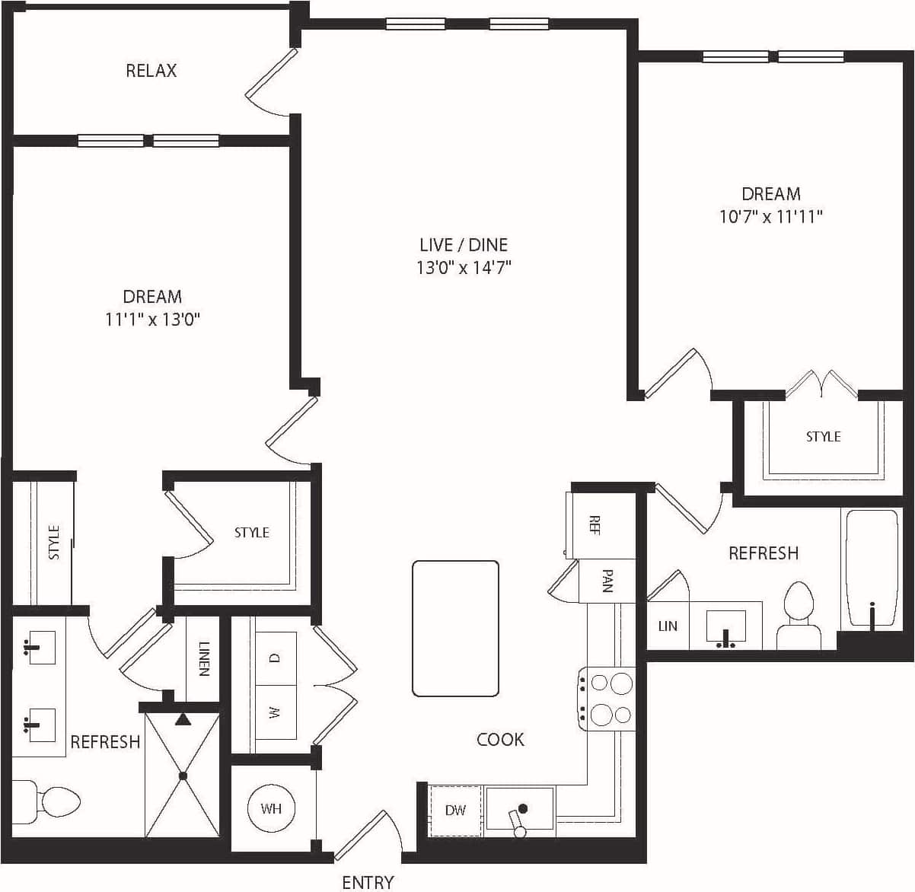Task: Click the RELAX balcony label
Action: click(x=151, y=71)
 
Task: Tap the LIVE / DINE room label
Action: click(x=463, y=244)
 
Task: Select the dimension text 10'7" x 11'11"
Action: click(x=770, y=217)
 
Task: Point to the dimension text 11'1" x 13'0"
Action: click(x=152, y=320)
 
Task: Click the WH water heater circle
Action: click(x=271, y=808)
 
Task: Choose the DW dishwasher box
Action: click(x=455, y=811)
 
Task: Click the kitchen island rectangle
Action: click(x=455, y=629)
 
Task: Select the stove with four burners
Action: click(x=607, y=699)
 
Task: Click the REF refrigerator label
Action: click(x=595, y=525)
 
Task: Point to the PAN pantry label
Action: click(x=607, y=581)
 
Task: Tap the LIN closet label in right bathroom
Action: click(x=668, y=626)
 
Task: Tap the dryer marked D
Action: click(x=275, y=658)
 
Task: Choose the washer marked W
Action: click(x=275, y=712)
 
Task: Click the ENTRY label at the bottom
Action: click(x=368, y=882)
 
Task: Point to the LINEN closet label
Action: click(x=203, y=658)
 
